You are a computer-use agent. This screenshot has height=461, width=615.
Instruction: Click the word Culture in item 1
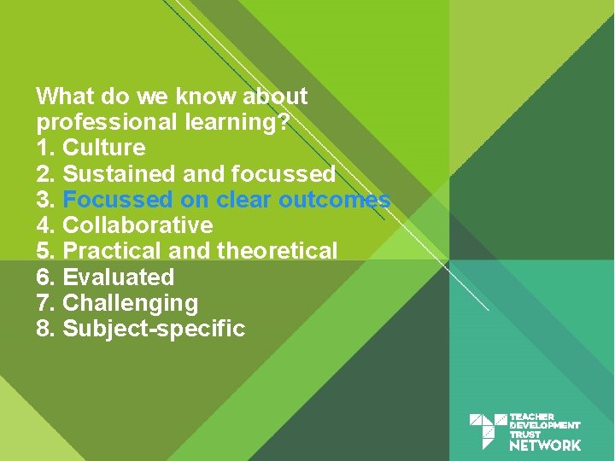[104, 148]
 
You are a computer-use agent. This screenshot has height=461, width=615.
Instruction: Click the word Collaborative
[138, 225]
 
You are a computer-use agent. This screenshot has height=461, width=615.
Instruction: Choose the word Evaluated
[119, 277]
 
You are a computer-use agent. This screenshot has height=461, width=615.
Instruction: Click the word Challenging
[131, 303]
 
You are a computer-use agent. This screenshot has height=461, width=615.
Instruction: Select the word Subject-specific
[154, 329]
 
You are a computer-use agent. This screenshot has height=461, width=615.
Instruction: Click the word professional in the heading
[108, 122]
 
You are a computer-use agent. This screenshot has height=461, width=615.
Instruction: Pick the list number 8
[45, 329]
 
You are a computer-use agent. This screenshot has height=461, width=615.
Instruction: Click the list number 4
[45, 225]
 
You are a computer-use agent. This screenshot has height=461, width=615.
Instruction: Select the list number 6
[45, 277]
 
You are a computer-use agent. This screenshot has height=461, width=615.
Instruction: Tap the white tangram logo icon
[488, 431]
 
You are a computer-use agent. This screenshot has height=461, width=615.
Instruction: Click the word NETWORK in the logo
[545, 445]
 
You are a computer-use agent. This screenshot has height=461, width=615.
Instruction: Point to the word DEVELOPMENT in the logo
[545, 425]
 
